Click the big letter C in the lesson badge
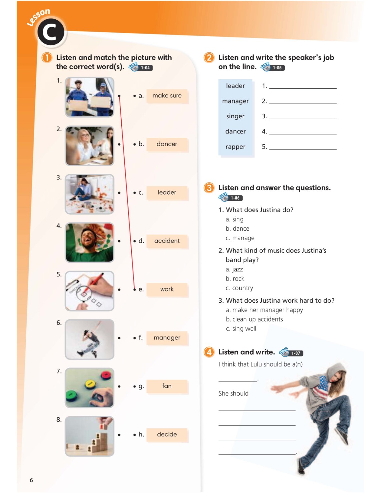50,33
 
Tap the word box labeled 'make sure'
167,96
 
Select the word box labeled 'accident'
167,241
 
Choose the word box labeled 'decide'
167,434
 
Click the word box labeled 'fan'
167,386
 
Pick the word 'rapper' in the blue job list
235,147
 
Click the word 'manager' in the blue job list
235,101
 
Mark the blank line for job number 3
303,117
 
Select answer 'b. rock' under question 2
235,279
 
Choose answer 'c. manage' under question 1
240,238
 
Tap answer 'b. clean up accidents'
254,319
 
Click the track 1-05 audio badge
273,67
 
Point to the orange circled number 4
209,352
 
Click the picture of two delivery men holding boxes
89,97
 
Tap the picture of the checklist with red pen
89,291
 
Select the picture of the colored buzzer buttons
89,388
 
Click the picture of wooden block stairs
89,436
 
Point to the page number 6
31,480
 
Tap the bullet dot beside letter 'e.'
134,290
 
